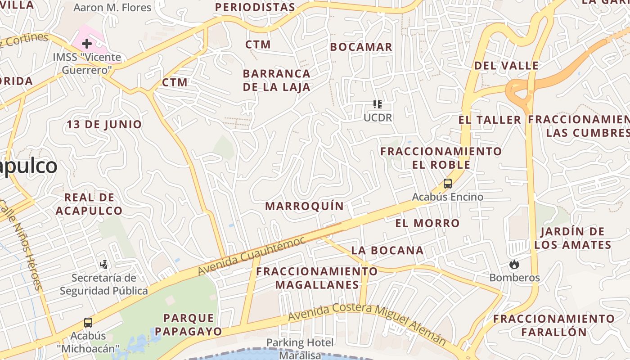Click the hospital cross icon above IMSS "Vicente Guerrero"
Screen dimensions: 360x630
(87, 44)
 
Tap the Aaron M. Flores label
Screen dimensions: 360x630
(112, 8)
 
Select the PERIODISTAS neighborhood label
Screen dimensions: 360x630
(255, 7)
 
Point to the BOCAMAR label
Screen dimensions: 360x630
(361, 47)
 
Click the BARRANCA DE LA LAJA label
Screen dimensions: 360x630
(277, 80)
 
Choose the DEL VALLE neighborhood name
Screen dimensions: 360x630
(506, 65)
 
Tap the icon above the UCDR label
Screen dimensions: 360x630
(378, 104)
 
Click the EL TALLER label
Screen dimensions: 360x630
(490, 120)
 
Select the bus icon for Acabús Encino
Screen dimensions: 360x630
(447, 184)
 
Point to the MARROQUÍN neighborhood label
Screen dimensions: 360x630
(304, 206)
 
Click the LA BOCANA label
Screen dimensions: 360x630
(387, 250)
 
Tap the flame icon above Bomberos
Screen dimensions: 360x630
(514, 265)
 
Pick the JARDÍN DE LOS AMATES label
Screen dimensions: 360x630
(572, 238)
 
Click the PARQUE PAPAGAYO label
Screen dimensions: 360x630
(189, 325)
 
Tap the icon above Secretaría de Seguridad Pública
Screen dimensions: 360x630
(104, 264)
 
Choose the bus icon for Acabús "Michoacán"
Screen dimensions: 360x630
(88, 323)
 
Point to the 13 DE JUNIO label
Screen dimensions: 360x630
(104, 124)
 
